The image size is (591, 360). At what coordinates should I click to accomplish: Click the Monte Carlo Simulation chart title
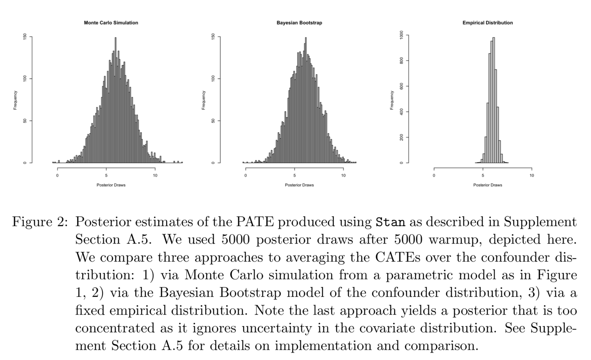pos(111,23)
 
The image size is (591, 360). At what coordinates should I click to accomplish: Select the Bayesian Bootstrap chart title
pos(299,23)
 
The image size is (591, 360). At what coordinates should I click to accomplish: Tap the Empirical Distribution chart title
pos(488,23)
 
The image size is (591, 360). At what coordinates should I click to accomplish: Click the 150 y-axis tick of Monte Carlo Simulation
pos(25,37)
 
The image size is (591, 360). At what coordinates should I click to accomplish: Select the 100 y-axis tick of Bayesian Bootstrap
pos(213,79)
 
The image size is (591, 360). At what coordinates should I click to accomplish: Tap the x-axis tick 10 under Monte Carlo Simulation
pos(155,176)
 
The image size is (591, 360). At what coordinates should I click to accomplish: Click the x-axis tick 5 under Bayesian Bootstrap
pos(294,176)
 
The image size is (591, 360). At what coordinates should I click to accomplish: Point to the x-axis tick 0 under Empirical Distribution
pos(434,176)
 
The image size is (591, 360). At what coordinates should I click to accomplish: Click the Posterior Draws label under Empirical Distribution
pos(488,185)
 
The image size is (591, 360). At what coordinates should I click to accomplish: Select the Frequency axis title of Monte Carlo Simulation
pos(15,100)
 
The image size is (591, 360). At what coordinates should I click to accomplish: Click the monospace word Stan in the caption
pos(390,222)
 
